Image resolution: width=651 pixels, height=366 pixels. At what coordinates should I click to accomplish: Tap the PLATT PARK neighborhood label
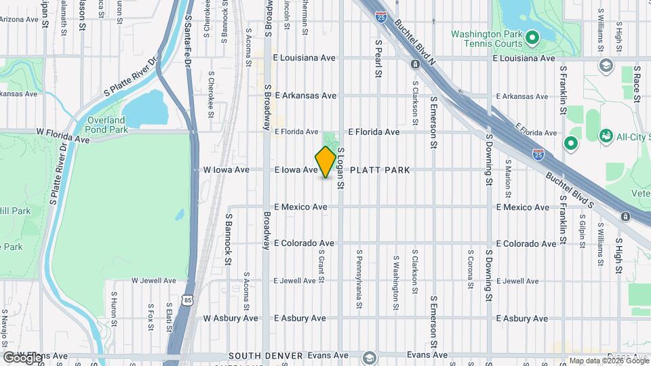(380, 170)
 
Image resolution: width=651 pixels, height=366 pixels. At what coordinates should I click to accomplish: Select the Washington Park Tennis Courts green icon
(532, 37)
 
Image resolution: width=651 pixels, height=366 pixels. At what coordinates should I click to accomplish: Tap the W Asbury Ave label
(231, 318)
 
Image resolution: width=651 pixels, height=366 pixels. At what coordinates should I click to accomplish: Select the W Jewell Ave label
(153, 280)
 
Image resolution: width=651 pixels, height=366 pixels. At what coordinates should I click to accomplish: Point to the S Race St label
(637, 84)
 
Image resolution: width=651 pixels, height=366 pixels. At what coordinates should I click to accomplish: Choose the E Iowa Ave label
(296, 170)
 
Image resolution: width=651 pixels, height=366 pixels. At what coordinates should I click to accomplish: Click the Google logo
(23, 357)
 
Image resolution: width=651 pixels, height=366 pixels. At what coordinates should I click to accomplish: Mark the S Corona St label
(469, 268)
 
